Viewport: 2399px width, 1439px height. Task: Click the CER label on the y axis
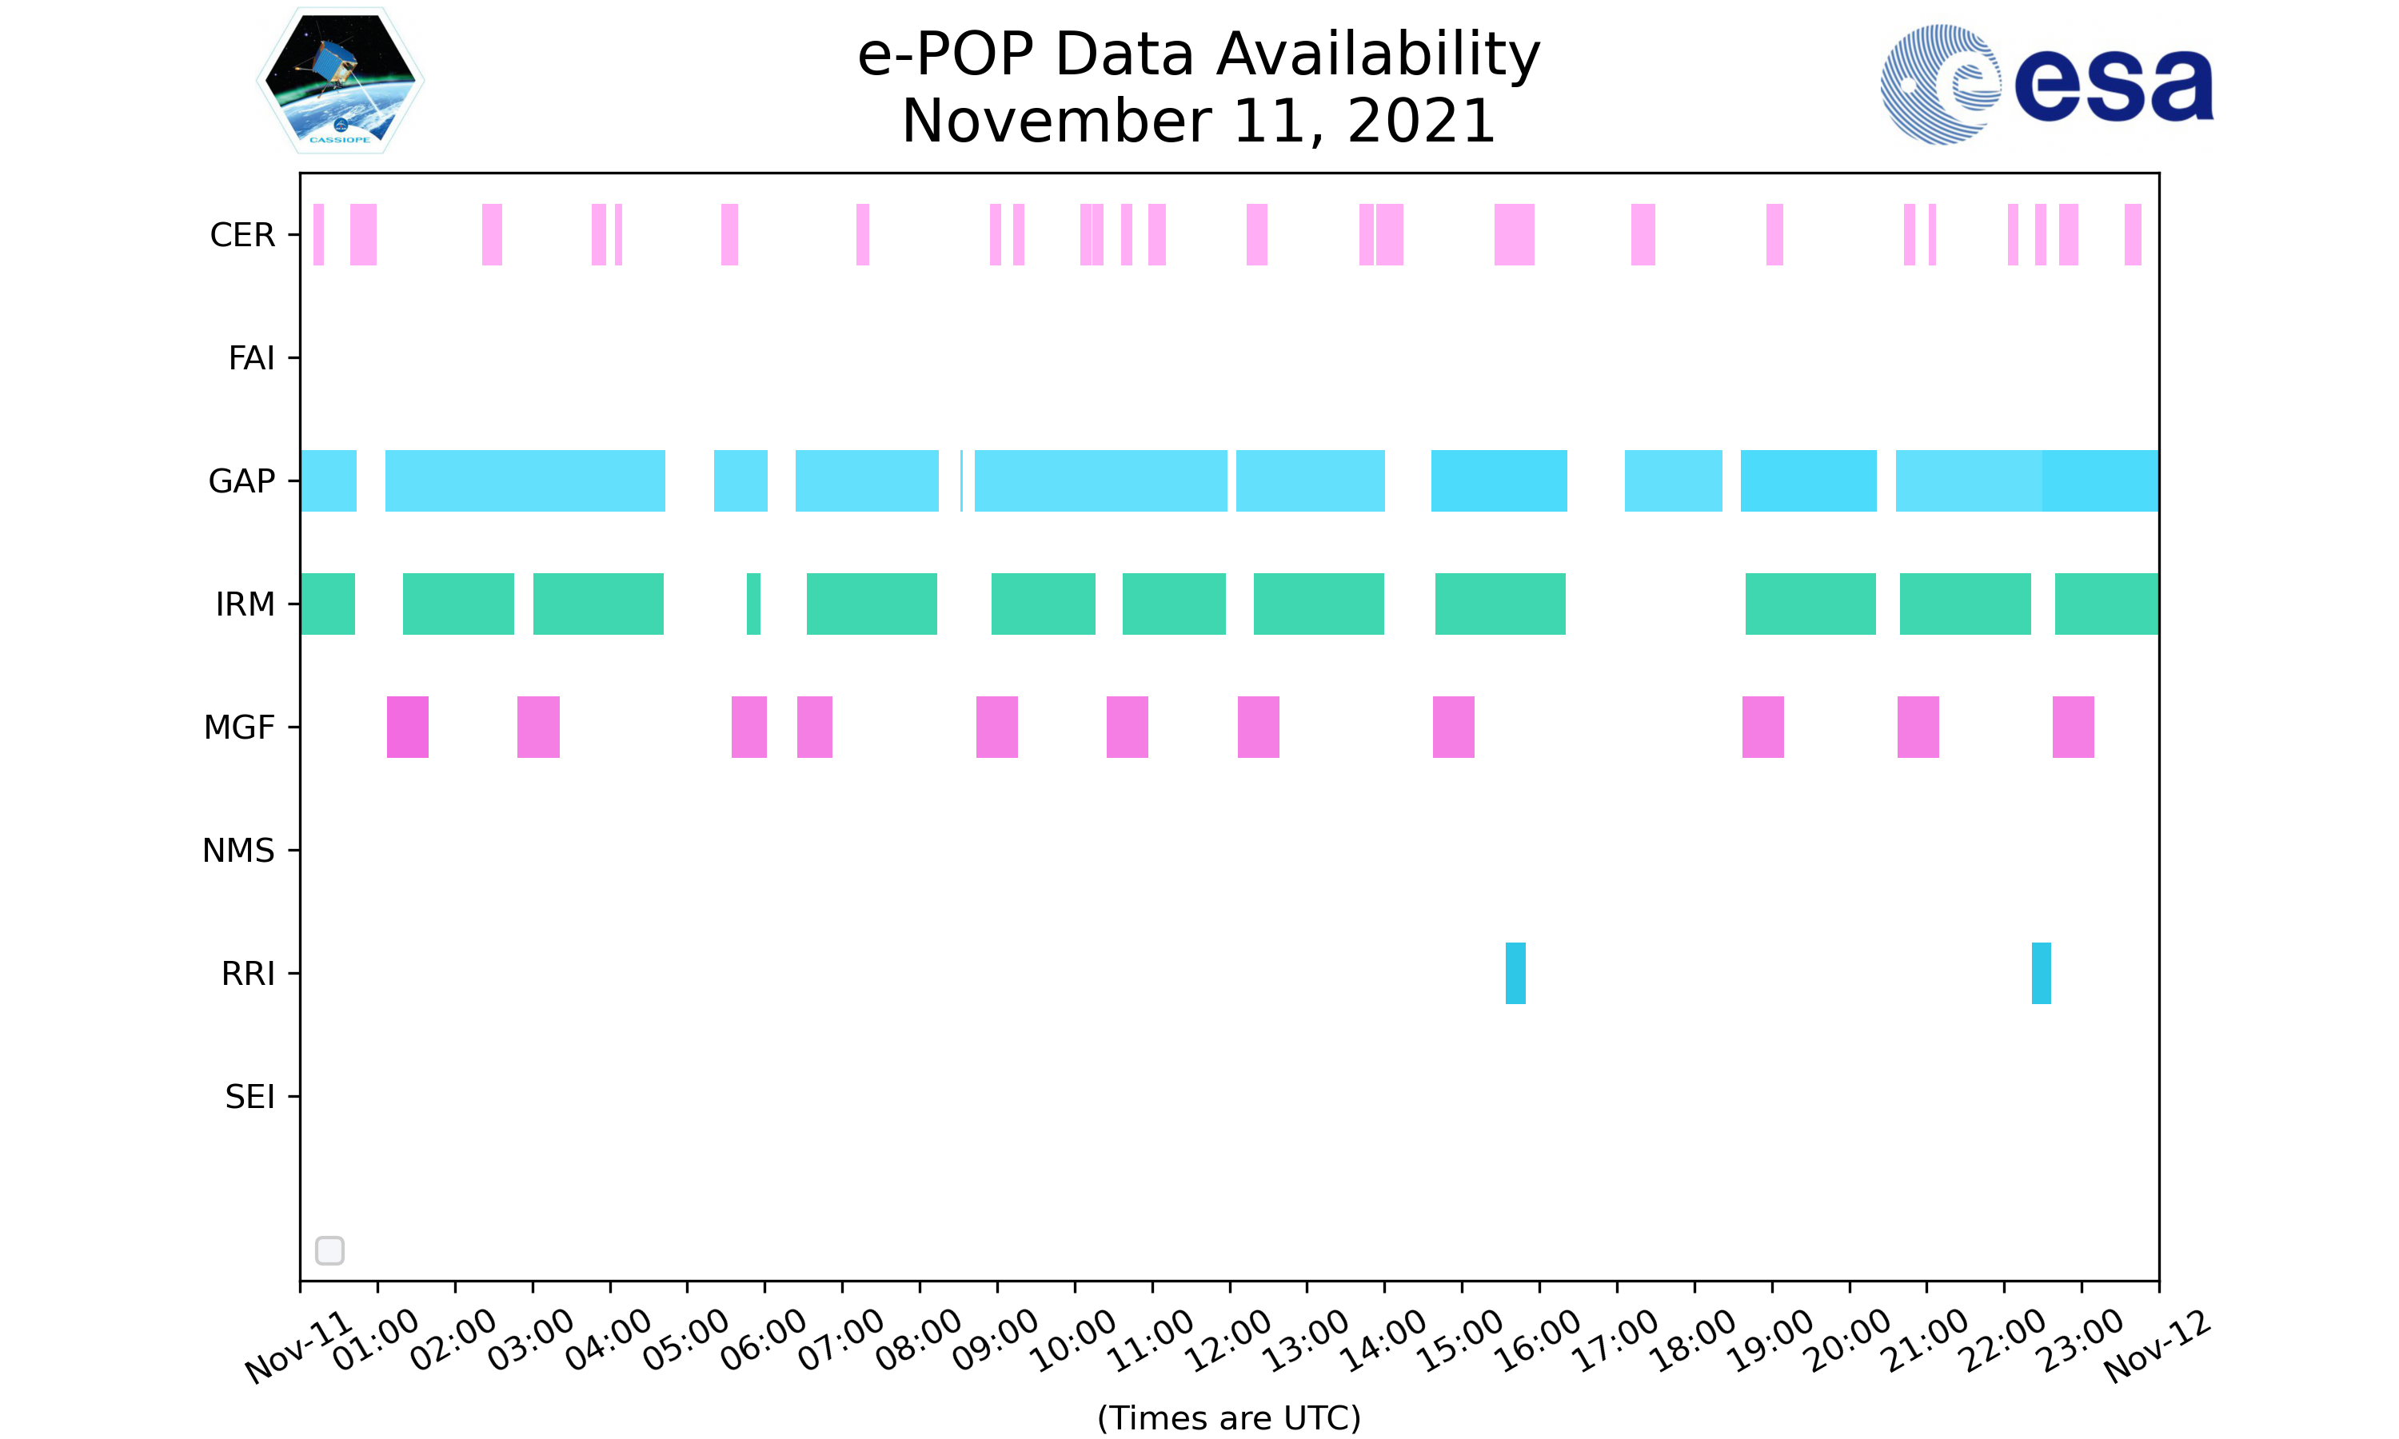[242, 235]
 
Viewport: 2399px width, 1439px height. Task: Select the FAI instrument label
[251, 358]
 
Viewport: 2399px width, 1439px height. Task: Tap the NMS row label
[238, 851]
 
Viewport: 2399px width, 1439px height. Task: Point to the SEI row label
[250, 1097]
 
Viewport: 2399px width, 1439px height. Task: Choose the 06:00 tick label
[764, 1339]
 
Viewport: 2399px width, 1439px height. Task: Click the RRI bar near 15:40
[1515, 973]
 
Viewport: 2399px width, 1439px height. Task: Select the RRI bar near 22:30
[2042, 973]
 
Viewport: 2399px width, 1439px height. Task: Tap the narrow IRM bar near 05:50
[753, 604]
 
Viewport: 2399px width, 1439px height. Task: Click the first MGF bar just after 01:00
[407, 727]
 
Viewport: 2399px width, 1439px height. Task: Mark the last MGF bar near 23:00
[2074, 727]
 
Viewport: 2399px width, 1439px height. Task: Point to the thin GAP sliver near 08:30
[961, 481]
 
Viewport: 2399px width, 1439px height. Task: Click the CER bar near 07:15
[863, 235]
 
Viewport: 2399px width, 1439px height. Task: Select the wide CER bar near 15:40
[1515, 235]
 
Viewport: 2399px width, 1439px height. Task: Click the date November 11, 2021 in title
[1199, 122]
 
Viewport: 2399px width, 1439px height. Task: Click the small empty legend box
[329, 1251]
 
